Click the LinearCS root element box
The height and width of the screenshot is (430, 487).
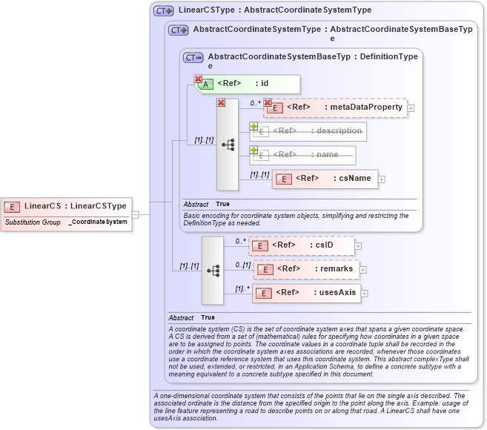67,205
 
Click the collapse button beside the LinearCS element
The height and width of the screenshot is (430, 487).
136,215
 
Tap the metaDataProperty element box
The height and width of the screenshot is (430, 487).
336,107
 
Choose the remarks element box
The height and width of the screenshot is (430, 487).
305,269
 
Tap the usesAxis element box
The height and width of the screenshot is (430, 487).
305,293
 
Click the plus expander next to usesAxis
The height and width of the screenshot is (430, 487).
364,294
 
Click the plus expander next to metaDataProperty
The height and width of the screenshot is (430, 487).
411,108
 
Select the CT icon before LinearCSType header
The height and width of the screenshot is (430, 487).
163,11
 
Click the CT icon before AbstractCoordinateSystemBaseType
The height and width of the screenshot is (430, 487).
193,57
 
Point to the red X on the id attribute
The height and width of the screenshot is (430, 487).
198,79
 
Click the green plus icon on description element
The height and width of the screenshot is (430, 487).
254,126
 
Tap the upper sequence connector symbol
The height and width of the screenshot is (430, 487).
228,144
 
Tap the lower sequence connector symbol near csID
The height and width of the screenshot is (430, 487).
213,271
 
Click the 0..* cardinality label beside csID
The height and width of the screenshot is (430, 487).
240,241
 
